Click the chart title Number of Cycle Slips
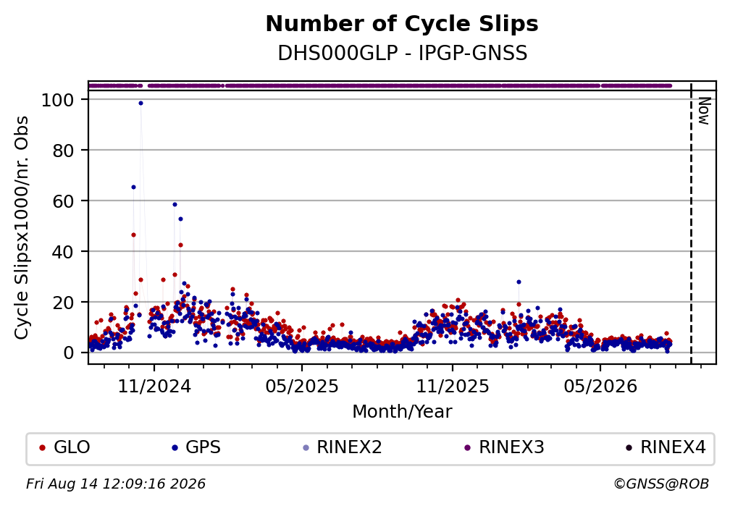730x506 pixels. [x=402, y=24]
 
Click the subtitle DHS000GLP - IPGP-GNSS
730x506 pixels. [x=402, y=53]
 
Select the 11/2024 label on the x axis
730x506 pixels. [x=154, y=387]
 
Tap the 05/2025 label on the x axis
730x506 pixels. [x=302, y=387]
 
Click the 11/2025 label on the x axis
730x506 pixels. [x=453, y=387]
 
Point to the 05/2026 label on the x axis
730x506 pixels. [x=600, y=387]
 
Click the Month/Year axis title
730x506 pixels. [x=402, y=412]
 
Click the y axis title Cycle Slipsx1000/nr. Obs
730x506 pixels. [x=22, y=227]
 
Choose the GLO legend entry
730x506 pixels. [x=64, y=447]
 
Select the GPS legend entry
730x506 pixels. [x=196, y=447]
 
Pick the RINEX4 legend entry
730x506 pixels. [x=666, y=447]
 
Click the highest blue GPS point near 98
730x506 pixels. [x=140, y=104]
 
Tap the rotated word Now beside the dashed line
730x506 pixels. [x=705, y=111]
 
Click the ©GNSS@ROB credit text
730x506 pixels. [x=661, y=484]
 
